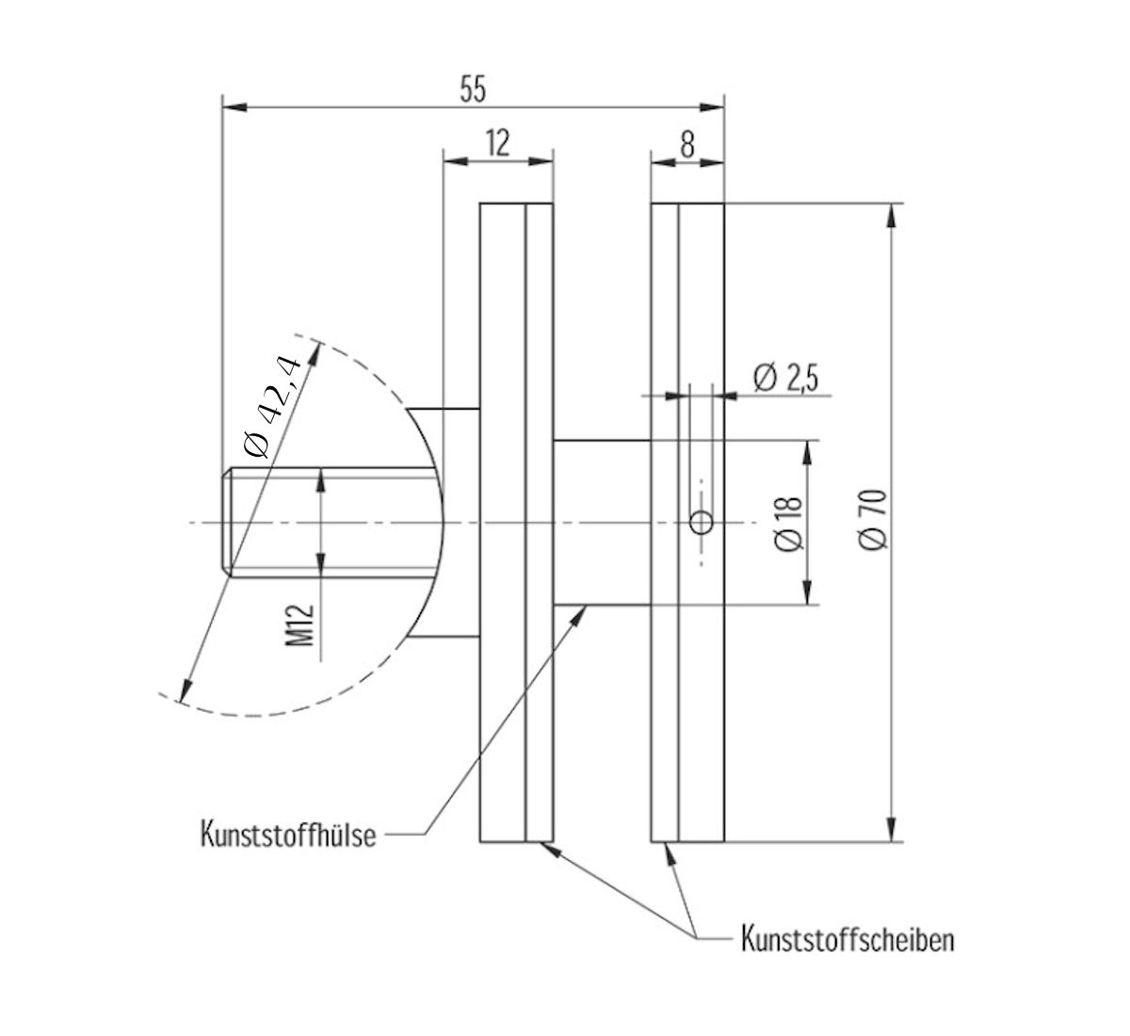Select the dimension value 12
click(x=497, y=143)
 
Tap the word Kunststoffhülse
click(x=288, y=834)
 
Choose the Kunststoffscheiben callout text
click(x=847, y=939)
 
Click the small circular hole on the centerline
click(x=701, y=522)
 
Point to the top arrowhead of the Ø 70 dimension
click(x=890, y=213)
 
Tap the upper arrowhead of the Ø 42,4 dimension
click(x=315, y=352)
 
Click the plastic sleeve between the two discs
click(x=602, y=522)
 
